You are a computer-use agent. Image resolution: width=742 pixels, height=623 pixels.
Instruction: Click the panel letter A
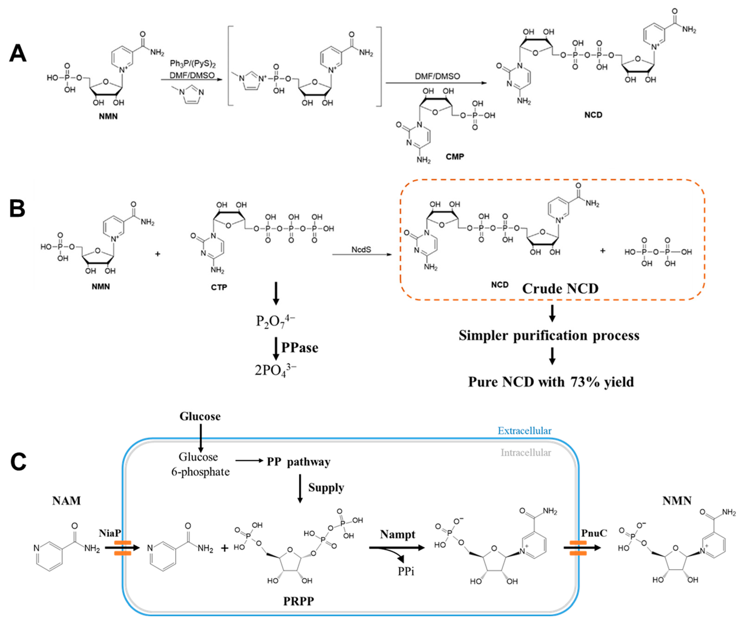pyautogui.click(x=18, y=54)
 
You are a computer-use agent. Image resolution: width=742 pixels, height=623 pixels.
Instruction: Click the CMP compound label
pyautogui.click(x=455, y=157)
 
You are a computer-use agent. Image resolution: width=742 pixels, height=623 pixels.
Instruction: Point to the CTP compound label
pyautogui.click(x=219, y=287)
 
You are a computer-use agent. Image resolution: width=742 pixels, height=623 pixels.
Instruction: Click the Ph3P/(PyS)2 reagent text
pyautogui.click(x=193, y=64)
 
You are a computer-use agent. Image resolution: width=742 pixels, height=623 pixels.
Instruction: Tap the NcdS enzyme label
pyautogui.click(x=361, y=250)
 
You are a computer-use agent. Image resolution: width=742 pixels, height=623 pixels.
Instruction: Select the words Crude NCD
pyautogui.click(x=560, y=289)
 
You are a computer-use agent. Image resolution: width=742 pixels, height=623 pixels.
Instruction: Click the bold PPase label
pyautogui.click(x=300, y=348)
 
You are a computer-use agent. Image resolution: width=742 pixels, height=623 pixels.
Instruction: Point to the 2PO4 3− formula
pyautogui.click(x=276, y=370)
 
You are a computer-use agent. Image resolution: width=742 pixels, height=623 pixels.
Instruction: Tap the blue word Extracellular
pyautogui.click(x=524, y=431)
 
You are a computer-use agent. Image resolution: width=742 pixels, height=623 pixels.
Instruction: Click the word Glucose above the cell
pyautogui.click(x=200, y=416)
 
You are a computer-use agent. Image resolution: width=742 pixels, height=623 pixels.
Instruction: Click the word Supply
pyautogui.click(x=326, y=487)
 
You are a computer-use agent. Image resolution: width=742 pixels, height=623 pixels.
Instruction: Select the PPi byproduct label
pyautogui.click(x=406, y=571)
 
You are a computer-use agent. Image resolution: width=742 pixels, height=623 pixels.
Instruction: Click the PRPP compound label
pyautogui.click(x=299, y=601)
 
